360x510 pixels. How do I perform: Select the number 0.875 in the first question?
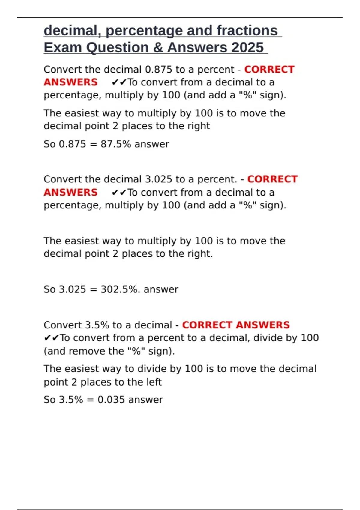coord(159,70)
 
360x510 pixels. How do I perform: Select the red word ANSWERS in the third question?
coord(263,325)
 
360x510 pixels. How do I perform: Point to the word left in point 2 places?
coord(154,382)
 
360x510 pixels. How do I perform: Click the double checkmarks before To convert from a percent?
coord(52,338)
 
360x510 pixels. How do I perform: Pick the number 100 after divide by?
coord(310,338)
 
